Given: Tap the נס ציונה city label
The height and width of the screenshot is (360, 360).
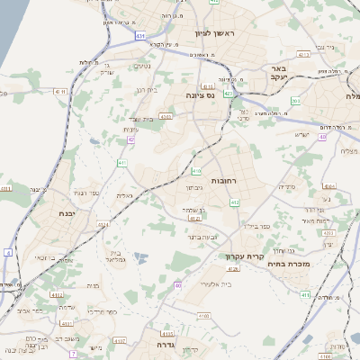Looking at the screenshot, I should tap(202, 94).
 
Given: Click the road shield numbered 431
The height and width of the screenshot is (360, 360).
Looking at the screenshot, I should tap(140, 35).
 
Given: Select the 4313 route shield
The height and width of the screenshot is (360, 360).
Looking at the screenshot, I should tap(304, 54).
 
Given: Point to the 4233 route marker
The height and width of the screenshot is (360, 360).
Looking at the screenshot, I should tap(328, 233).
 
